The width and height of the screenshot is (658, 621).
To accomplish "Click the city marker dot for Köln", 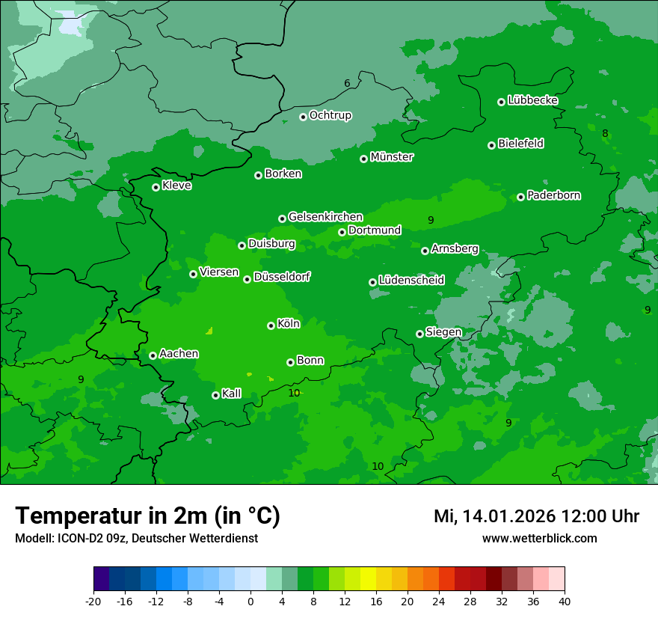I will pos(271,325).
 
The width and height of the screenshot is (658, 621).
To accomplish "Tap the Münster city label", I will pos(392,157).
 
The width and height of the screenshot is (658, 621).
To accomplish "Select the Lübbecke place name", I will pos(532,100).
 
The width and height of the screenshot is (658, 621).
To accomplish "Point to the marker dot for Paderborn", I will pos(521,197).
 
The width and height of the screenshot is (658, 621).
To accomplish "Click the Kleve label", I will pos(176,186).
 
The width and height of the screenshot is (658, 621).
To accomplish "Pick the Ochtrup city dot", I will pos(303,117).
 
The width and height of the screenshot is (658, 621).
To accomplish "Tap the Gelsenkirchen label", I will pos(325,217).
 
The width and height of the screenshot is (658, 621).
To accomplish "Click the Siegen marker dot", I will pos(419,334).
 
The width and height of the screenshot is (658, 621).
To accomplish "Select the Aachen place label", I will pos(179,354).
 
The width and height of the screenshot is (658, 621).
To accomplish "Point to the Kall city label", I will pos(232,394).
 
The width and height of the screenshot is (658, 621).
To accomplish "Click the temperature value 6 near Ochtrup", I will pos(347,83).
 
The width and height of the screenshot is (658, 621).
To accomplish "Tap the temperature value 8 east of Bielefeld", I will pos(605,134).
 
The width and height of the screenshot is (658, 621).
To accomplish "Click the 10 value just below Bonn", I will pos(294,393).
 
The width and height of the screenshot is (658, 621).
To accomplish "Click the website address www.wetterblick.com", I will pos(539,538).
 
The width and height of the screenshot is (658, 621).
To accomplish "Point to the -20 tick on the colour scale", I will pos(93,601).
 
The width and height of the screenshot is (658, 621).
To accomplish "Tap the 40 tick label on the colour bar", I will pos(565,601).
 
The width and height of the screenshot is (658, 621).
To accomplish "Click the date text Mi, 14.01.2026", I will pos(494,516).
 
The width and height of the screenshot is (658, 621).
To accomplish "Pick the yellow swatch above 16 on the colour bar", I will pos(369,579).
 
